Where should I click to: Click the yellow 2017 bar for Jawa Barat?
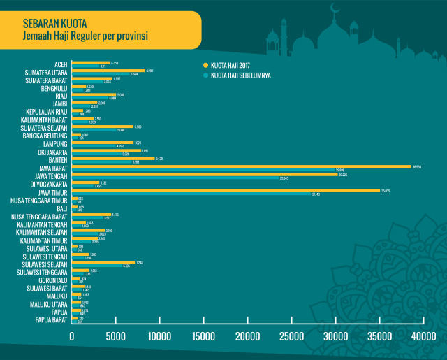(x=241, y=166)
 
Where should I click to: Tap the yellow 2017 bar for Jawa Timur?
(x=226, y=190)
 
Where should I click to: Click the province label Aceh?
(x=61, y=64)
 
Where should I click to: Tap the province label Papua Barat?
(x=52, y=320)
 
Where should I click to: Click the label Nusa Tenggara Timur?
(x=38, y=201)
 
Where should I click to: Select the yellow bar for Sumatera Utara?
(x=108, y=71)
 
